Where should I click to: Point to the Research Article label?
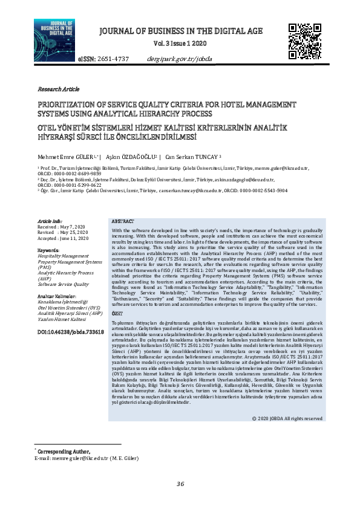[58, 88]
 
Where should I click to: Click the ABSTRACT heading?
[123, 222]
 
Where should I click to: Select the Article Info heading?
[50, 222]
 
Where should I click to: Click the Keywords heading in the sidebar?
[48, 250]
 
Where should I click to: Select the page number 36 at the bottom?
[180, 484]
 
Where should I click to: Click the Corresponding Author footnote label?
[64, 452]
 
